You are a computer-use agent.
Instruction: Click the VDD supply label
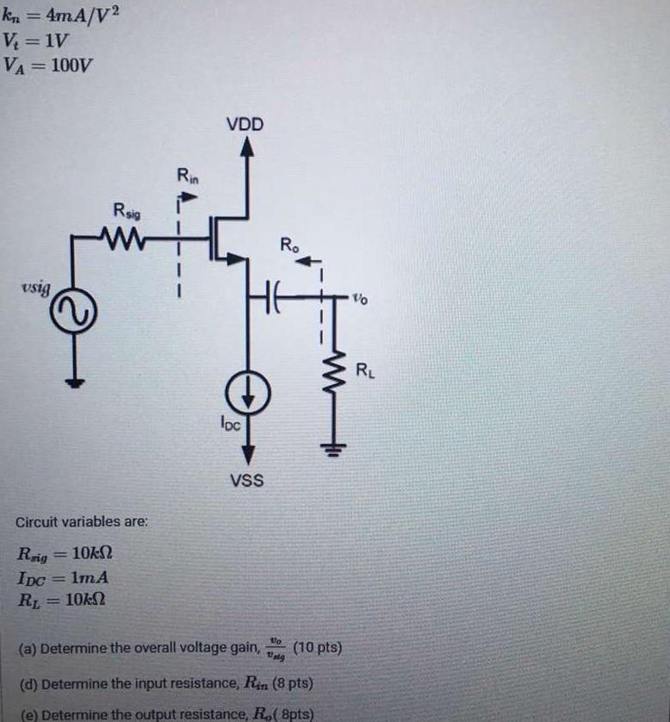pyautogui.click(x=245, y=124)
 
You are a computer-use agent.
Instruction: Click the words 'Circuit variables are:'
pyautogui.click(x=82, y=522)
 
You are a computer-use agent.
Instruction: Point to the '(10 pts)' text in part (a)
pyautogui.click(x=318, y=647)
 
